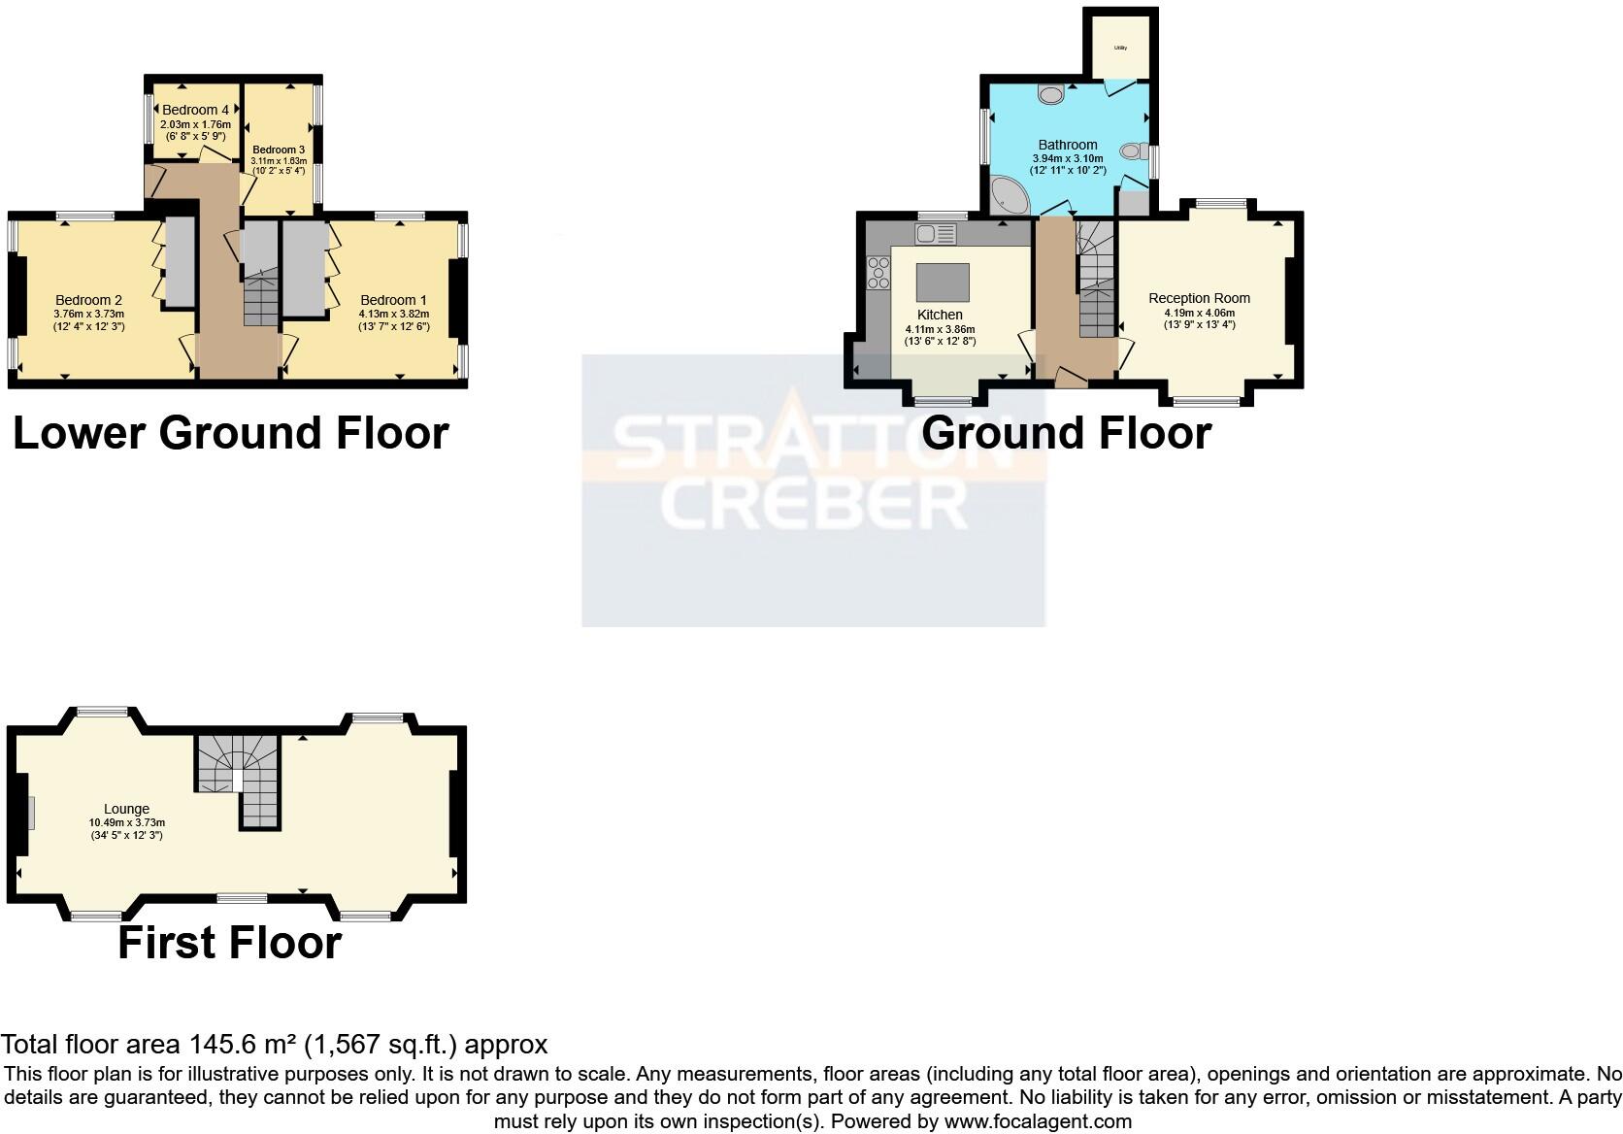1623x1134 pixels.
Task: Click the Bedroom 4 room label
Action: (x=195, y=110)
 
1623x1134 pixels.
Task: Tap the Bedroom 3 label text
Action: (x=279, y=150)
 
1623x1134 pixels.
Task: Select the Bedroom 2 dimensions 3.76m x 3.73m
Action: (x=88, y=314)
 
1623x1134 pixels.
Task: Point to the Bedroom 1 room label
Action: (x=393, y=300)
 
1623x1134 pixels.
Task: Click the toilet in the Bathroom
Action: (x=1133, y=151)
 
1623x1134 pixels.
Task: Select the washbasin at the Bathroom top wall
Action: (x=1050, y=94)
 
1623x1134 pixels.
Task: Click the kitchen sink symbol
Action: (x=935, y=234)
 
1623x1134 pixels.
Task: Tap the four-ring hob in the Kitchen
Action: (x=878, y=272)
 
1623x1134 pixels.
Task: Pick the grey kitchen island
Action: (x=943, y=283)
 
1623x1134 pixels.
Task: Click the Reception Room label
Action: (x=1199, y=298)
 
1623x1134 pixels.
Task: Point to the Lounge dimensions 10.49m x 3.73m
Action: (x=127, y=822)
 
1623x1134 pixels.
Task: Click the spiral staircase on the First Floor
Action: (x=238, y=772)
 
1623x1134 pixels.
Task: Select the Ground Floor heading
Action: (x=1066, y=432)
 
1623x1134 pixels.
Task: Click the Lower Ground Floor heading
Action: (x=231, y=432)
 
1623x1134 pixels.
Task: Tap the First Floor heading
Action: (x=229, y=943)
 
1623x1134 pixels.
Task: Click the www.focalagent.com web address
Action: (x=1038, y=1121)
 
